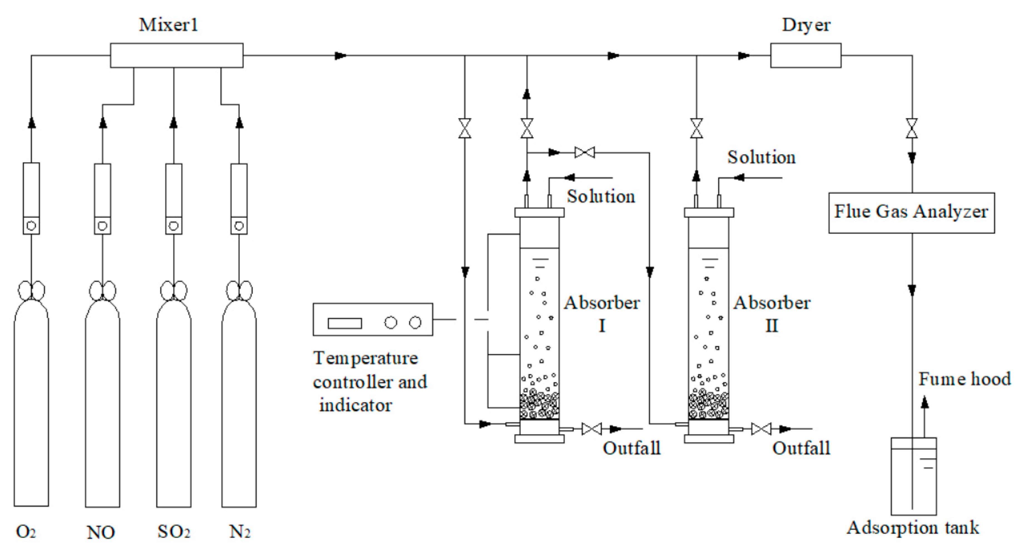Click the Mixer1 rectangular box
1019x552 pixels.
tap(177, 55)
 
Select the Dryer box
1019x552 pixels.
tap(806, 55)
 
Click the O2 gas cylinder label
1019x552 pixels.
tap(26, 531)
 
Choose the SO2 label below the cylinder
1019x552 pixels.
tap(174, 531)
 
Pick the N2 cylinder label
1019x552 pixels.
tap(240, 531)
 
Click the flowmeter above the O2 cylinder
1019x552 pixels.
tap(31, 198)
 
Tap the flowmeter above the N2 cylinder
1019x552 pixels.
tap(239, 198)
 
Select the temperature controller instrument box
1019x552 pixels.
tap(373, 319)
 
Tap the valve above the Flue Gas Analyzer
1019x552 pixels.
tap(912, 128)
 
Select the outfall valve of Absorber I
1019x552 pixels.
tap(591, 429)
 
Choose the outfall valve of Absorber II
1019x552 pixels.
tap(761, 429)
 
